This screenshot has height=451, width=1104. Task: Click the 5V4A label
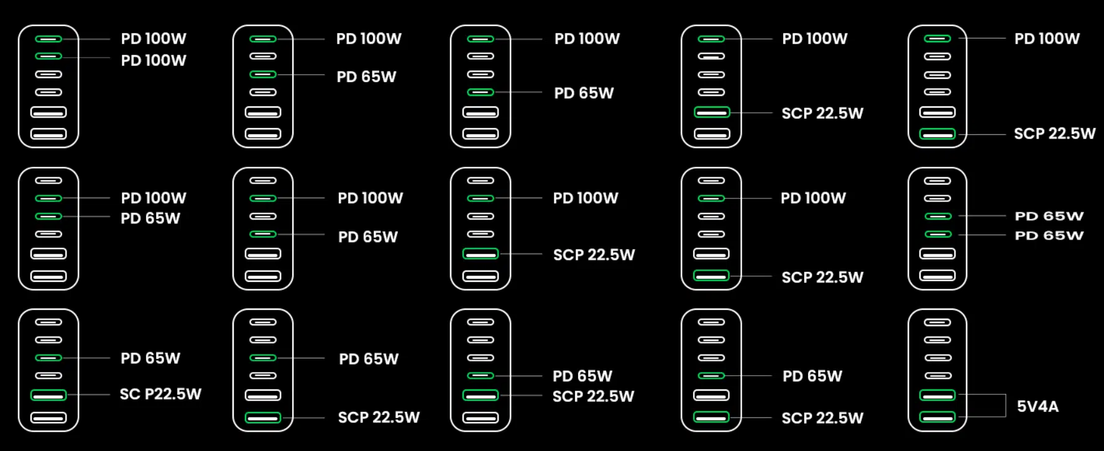pyautogui.click(x=1037, y=406)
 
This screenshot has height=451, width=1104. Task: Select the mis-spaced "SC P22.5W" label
pyautogui.click(x=160, y=394)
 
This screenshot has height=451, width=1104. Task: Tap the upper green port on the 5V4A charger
pyautogui.click(x=937, y=395)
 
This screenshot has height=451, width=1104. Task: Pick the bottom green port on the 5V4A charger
pyautogui.click(x=937, y=417)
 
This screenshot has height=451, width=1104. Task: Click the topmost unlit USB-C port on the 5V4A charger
pyautogui.click(x=937, y=322)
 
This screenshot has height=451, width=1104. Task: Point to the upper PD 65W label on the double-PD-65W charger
pyautogui.click(x=1049, y=216)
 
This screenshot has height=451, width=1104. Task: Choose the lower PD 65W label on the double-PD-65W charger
pyautogui.click(x=1049, y=235)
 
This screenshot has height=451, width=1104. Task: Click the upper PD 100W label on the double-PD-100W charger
pyautogui.click(x=154, y=39)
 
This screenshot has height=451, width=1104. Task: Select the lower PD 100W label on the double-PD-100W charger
pyautogui.click(x=154, y=60)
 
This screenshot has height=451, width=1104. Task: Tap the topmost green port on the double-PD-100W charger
pyautogui.click(x=48, y=39)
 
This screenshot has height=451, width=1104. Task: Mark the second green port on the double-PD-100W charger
pyautogui.click(x=48, y=57)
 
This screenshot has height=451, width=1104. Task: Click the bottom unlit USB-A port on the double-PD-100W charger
pyautogui.click(x=48, y=134)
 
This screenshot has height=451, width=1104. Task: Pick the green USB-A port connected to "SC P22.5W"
pyautogui.click(x=48, y=395)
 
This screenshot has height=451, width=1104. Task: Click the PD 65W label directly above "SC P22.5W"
pyautogui.click(x=150, y=358)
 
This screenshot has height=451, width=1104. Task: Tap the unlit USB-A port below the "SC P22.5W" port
pyautogui.click(x=48, y=417)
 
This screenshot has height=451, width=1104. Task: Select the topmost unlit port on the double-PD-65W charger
pyautogui.click(x=937, y=181)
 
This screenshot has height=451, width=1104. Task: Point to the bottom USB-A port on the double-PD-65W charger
pyautogui.click(x=937, y=276)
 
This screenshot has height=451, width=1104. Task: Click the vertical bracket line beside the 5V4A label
pyautogui.click(x=1006, y=406)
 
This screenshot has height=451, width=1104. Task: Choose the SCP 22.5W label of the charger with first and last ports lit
pyautogui.click(x=1054, y=133)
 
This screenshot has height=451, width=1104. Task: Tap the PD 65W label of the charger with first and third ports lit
pyautogui.click(x=366, y=77)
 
